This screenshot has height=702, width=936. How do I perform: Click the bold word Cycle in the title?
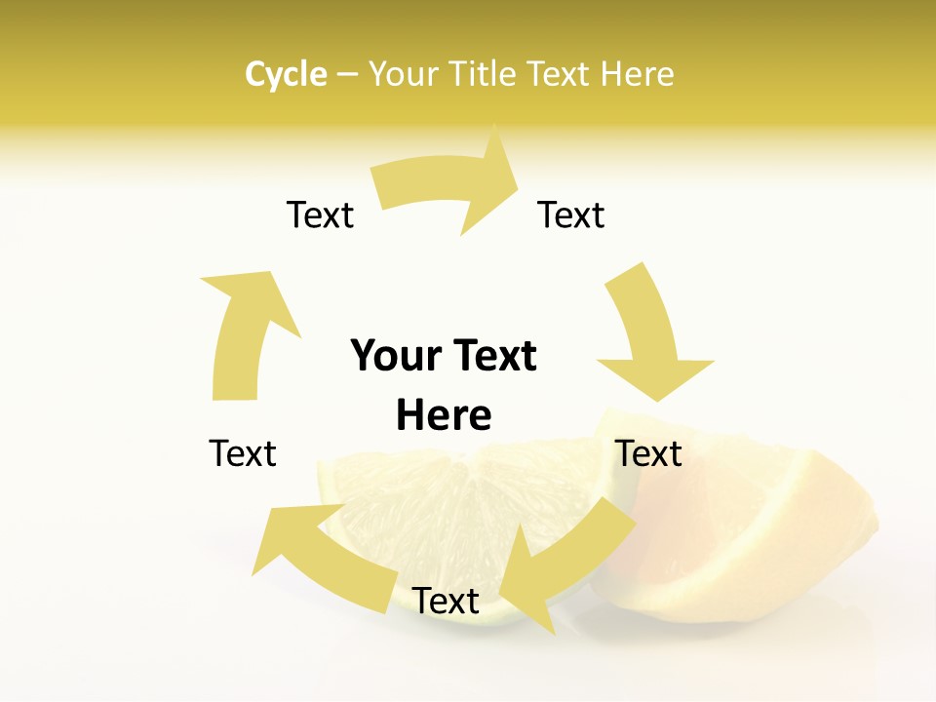(x=286, y=74)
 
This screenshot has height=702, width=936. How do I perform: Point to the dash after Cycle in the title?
(x=347, y=75)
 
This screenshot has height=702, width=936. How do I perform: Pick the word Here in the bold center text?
(x=444, y=415)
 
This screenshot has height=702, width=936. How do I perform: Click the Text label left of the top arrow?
(x=320, y=214)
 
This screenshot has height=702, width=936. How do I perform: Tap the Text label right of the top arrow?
(x=571, y=214)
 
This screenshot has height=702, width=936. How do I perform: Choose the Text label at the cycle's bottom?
(x=446, y=601)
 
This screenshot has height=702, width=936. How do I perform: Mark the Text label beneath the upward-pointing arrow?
(x=243, y=453)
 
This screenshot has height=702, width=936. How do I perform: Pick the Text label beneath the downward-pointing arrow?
(x=649, y=453)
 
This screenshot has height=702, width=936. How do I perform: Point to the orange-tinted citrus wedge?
(x=741, y=526)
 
